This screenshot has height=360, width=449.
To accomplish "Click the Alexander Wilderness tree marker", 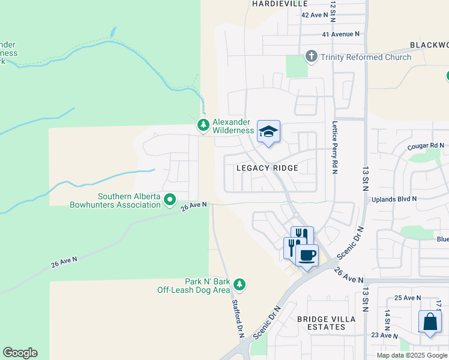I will point(203,125).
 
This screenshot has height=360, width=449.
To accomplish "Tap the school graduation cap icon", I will point(268,131).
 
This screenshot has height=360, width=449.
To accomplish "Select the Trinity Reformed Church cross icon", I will point(311,57).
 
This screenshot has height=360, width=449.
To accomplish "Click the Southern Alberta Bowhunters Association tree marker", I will point(170,199).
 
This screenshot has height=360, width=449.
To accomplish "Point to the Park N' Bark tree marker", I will point(240,283).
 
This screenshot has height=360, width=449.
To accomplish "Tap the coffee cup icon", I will point(307,255).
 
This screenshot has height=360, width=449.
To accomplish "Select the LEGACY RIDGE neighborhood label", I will point(267,168).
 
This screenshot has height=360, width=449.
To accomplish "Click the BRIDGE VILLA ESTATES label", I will point(322,323).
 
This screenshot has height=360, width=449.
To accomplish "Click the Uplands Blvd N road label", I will point(394,199).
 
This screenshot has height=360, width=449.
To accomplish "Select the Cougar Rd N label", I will point(425,145).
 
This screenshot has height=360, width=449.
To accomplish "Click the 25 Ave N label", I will point(408,298).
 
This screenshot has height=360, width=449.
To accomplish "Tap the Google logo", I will point(20,353).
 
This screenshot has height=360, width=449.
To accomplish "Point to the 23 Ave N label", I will point(385,335).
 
